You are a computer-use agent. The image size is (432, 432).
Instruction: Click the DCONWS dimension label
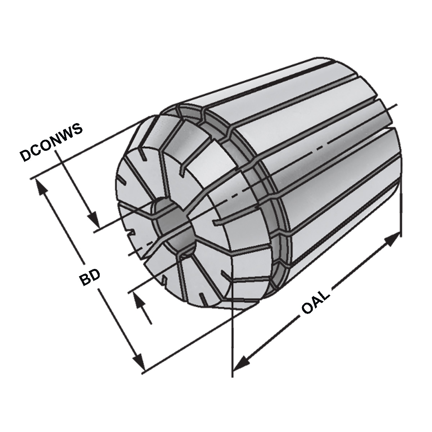tap(51, 143)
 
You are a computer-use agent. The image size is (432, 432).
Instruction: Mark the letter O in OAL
tap(306, 310)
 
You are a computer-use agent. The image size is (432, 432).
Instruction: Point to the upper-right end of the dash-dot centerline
tap(397, 105)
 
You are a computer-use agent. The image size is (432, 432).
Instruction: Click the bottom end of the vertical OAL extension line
tap(232, 376)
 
